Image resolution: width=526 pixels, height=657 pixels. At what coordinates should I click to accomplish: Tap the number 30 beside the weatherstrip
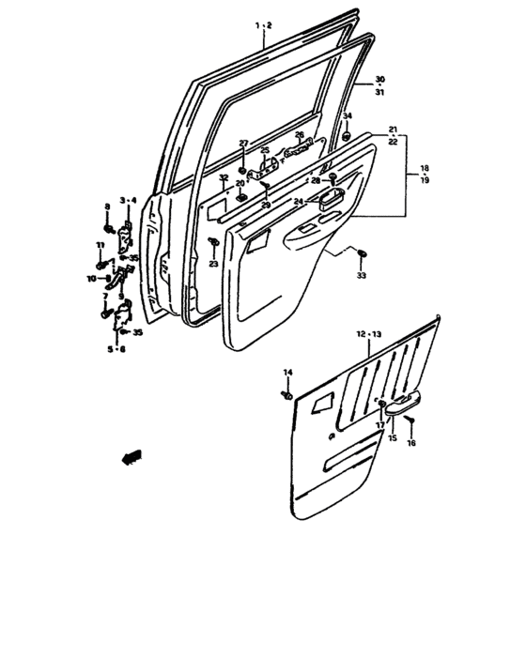coord(379,79)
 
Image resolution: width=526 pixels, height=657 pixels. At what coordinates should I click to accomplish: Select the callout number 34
coord(347,116)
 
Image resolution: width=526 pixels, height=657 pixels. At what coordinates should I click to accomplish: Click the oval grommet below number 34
coord(347,138)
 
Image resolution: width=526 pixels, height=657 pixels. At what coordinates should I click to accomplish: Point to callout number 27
coord(243,144)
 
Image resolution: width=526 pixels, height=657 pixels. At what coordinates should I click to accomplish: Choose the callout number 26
coord(300,134)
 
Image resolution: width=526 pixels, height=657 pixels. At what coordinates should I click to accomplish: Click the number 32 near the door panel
coord(223,177)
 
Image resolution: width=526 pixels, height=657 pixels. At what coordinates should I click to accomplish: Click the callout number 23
coord(213,265)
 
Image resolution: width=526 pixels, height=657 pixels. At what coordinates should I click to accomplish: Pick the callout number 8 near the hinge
coord(107,206)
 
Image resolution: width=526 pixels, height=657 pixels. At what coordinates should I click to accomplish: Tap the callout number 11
coord(99,245)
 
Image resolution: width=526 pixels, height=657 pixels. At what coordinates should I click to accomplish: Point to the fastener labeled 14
coord(286,396)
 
